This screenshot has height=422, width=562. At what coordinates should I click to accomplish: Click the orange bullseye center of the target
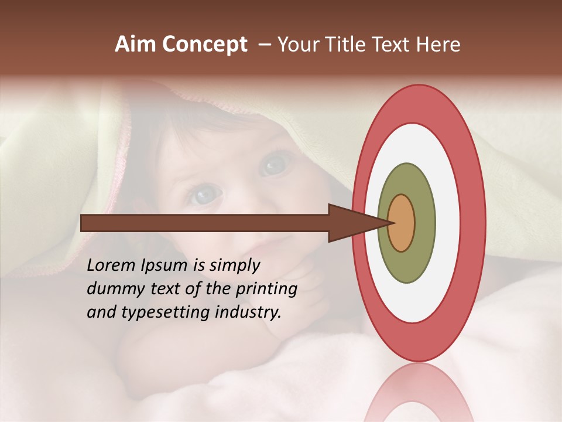pyautogui.click(x=402, y=223)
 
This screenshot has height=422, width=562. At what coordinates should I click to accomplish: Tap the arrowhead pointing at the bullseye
pyautogui.click(x=351, y=223)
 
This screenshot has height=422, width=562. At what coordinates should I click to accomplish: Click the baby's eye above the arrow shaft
pyautogui.click(x=205, y=193)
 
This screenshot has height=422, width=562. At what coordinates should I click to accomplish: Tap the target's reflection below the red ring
pyautogui.click(x=419, y=393)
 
